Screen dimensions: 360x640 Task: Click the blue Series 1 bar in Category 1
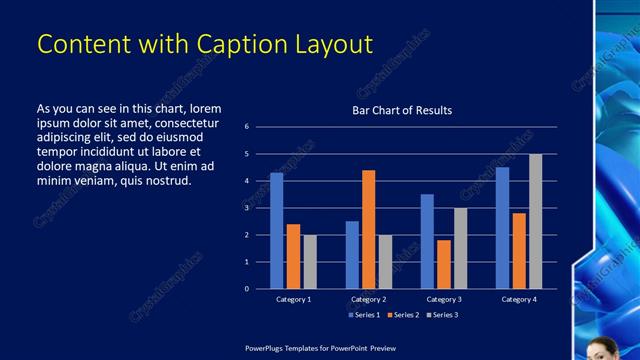[277, 231]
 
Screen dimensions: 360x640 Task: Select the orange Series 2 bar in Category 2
[369, 229]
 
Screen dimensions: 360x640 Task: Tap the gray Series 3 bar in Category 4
[536, 221]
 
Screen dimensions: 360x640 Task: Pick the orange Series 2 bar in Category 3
[444, 264]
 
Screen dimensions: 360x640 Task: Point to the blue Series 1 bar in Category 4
[502, 228]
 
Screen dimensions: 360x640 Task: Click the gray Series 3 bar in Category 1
[310, 262]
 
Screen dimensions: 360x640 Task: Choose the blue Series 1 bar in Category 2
[352, 255]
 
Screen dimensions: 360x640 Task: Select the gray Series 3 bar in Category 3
[460, 248]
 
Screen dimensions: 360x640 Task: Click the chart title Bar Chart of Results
[402, 110]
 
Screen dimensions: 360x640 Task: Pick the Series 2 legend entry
[402, 315]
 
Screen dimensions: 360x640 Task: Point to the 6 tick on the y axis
[247, 127]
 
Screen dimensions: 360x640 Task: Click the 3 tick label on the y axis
[247, 208]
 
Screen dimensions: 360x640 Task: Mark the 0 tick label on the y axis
[247, 289]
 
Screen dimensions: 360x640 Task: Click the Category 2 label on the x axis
[369, 299]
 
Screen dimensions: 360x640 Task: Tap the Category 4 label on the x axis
[519, 299]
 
